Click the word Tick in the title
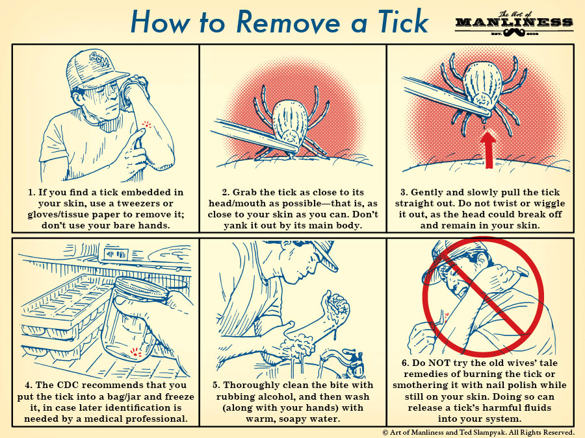(x=403, y=21)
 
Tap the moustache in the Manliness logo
(x=513, y=33)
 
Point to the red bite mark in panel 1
(x=147, y=124)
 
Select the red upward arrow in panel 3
(x=487, y=150)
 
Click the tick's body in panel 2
(x=290, y=121)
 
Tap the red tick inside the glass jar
(x=135, y=352)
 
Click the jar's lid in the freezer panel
(x=143, y=289)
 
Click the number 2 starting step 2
(x=225, y=192)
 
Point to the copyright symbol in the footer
(x=385, y=432)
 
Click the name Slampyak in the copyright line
(x=486, y=432)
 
